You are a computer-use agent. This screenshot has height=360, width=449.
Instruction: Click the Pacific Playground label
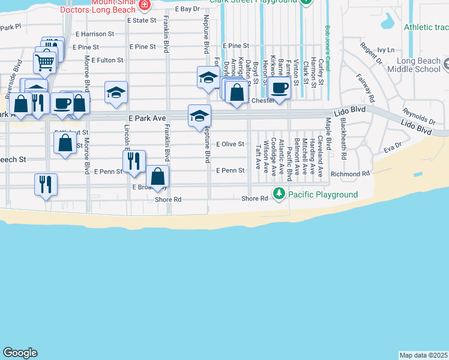point(322,194)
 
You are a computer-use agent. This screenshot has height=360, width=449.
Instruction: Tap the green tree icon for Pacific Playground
point(279,194)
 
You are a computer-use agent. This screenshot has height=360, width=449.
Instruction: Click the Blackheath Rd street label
point(343,138)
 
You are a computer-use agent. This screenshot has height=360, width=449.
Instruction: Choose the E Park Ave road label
point(146,119)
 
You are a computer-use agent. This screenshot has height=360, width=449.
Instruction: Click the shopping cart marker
point(45,62)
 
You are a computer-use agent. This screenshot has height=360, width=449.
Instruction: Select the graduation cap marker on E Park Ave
point(199,116)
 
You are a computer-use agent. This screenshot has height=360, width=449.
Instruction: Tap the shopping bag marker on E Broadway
point(158,176)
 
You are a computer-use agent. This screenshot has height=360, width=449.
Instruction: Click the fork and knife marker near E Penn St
point(134,160)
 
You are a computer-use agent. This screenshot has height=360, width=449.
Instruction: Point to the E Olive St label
point(230,144)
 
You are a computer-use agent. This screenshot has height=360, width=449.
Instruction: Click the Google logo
point(20,353)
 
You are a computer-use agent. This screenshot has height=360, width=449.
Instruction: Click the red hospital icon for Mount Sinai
point(144,5)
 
